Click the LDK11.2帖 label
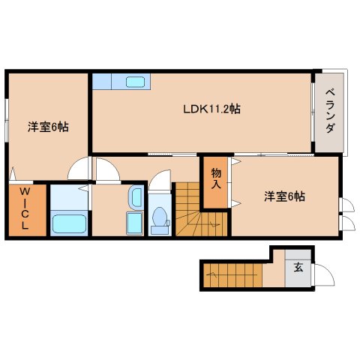click(212, 109)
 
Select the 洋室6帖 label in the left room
click(48, 127)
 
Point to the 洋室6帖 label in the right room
click(284, 196)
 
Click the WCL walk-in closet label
click(25, 211)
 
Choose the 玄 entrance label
click(298, 267)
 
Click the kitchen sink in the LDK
click(136, 82)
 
